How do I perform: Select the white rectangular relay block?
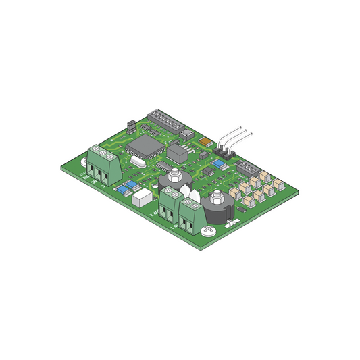[x=142, y=198]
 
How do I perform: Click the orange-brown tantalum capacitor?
[x=205, y=143]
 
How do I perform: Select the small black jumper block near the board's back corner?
[x=130, y=126]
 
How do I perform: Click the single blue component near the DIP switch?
[x=219, y=164]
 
